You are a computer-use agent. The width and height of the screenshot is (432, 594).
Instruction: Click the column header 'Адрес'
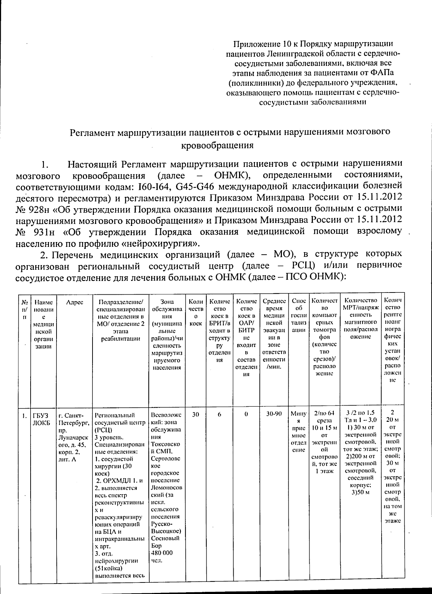pyautogui.click(x=75, y=302)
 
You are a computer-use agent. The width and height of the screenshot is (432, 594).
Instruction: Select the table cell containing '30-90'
pyautogui.click(x=274, y=414)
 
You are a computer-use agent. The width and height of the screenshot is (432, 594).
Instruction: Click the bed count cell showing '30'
pyautogui.click(x=195, y=414)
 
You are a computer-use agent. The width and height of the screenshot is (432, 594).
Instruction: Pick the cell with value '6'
pyautogui.click(x=219, y=414)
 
